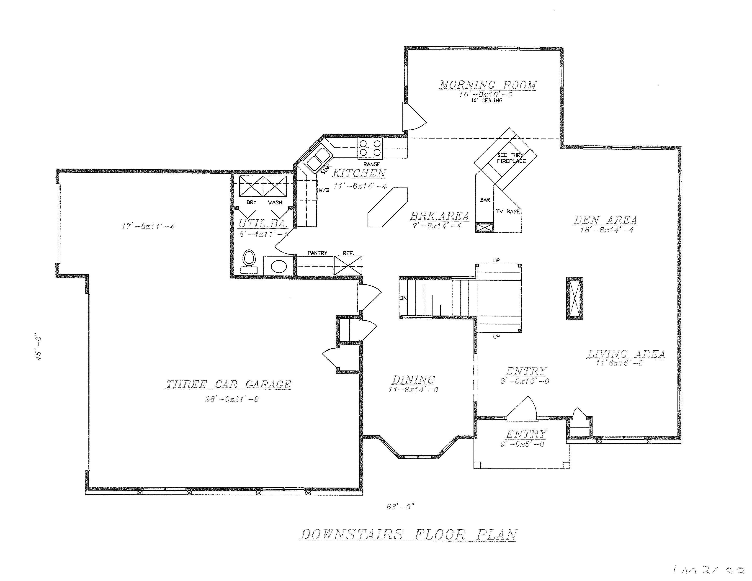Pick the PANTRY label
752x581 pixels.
(x=317, y=253)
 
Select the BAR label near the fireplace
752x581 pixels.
(x=485, y=200)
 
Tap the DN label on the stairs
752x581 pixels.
(x=403, y=298)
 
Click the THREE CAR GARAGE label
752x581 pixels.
(x=229, y=384)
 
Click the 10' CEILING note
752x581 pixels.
(x=487, y=100)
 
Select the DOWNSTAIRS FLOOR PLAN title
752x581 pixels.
(x=408, y=535)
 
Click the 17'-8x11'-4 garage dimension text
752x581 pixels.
(x=148, y=226)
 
